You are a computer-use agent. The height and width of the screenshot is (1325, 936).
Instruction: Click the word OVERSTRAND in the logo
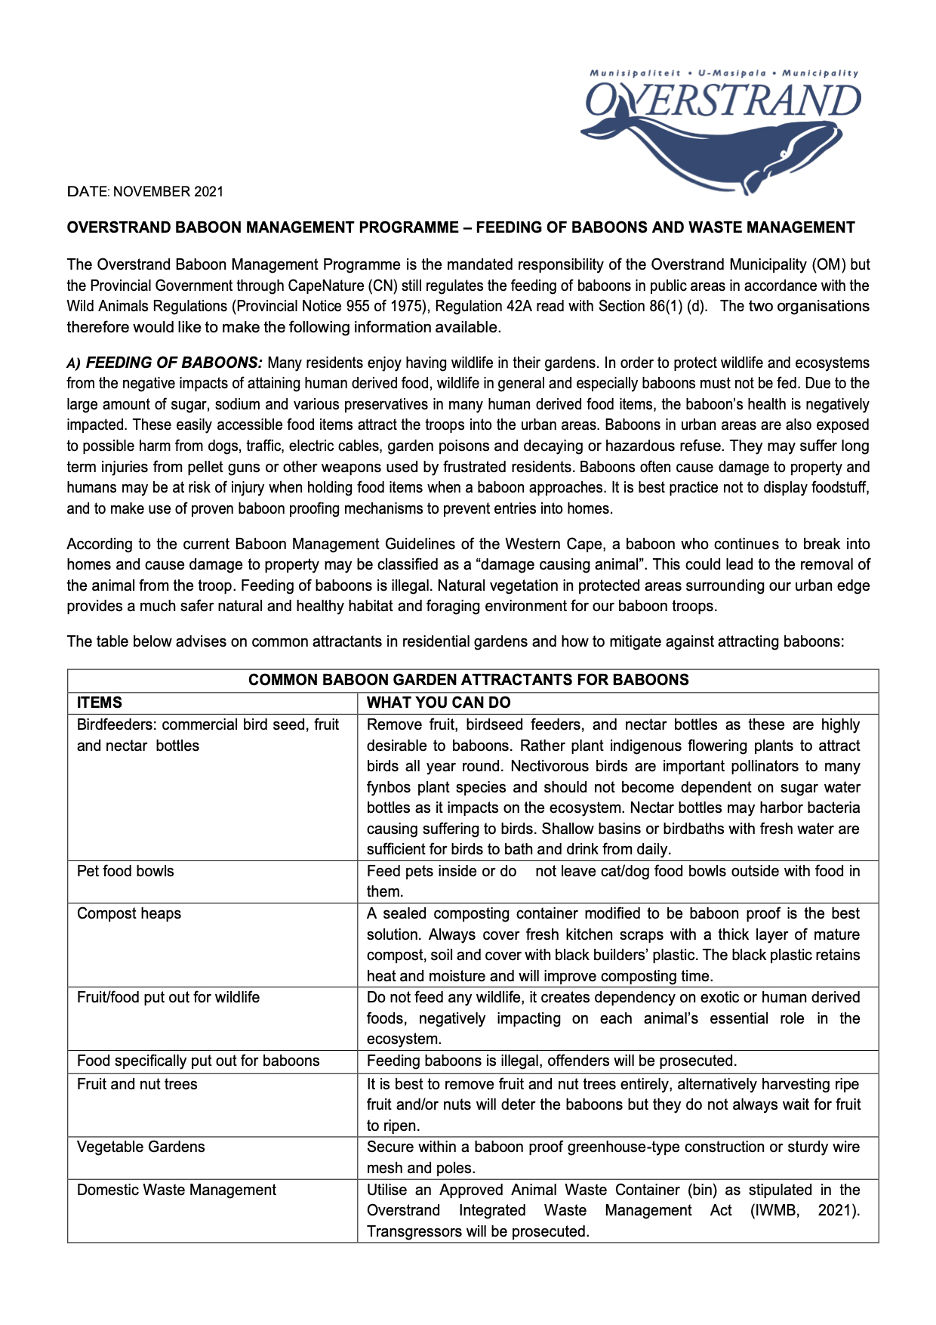pyautogui.click(x=723, y=100)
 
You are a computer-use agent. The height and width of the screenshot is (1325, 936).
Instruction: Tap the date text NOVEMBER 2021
pyautogui.click(x=168, y=192)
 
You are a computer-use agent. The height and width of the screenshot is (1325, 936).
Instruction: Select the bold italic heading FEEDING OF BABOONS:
pyautogui.click(x=174, y=363)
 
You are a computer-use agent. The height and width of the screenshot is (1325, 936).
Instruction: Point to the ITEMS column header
pyautogui.click(x=99, y=703)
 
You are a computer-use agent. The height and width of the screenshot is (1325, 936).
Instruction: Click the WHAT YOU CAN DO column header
pyautogui.click(x=438, y=703)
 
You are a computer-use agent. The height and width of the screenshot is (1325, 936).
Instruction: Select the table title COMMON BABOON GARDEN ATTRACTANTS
pyautogui.click(x=468, y=680)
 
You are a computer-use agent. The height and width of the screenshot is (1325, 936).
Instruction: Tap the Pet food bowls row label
pyautogui.click(x=125, y=871)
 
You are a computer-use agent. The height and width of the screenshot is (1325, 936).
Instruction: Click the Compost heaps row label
pyautogui.click(x=129, y=913)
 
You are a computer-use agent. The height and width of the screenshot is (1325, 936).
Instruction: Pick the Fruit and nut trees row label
pyautogui.click(x=137, y=1084)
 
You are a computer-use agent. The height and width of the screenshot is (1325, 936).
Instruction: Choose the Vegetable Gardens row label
pyautogui.click(x=140, y=1147)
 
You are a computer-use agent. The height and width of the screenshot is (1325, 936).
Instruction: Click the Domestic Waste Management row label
pyautogui.click(x=176, y=1190)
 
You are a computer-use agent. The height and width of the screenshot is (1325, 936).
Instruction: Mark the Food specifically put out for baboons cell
pyautogui.click(x=198, y=1061)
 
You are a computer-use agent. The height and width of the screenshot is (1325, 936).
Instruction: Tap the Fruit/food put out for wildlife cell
pyautogui.click(x=168, y=997)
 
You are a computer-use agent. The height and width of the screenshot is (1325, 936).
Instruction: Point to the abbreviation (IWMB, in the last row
pyautogui.click(x=774, y=1210)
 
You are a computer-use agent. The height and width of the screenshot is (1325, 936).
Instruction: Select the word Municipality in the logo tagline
pyautogui.click(x=820, y=73)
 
